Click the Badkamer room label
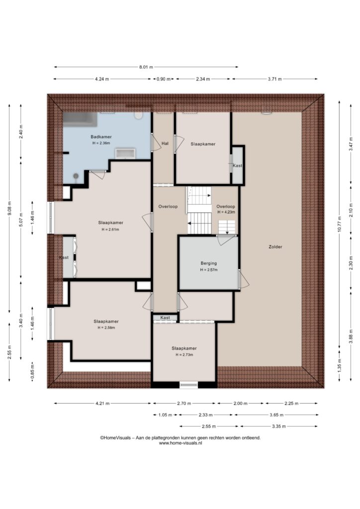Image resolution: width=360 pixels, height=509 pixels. pyautogui.click(x=101, y=137)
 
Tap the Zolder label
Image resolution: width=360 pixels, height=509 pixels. pyautogui.click(x=275, y=247)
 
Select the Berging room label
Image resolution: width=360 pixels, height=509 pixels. pyautogui.click(x=209, y=263)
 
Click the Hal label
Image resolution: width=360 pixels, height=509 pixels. pyautogui.click(x=165, y=143)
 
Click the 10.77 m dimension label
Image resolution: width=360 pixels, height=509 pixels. pyautogui.click(x=339, y=224)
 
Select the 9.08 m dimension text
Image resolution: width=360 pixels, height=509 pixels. pyautogui.click(x=9, y=208)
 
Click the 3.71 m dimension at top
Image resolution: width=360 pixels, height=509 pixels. pyautogui.click(x=274, y=79)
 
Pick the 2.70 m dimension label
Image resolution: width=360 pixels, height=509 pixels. pyautogui.click(x=184, y=404)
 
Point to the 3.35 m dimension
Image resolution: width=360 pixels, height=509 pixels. pyautogui.click(x=278, y=426)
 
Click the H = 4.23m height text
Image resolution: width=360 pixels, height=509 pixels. pyautogui.click(x=226, y=212)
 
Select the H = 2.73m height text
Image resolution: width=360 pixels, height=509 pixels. pyautogui.click(x=184, y=355)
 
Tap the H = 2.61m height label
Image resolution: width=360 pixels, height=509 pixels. pyautogui.click(x=110, y=230)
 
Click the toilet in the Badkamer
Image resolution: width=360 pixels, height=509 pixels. pyautogui.click(x=139, y=115)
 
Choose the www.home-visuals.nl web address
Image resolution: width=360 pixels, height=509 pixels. pyautogui.click(x=180, y=443)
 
